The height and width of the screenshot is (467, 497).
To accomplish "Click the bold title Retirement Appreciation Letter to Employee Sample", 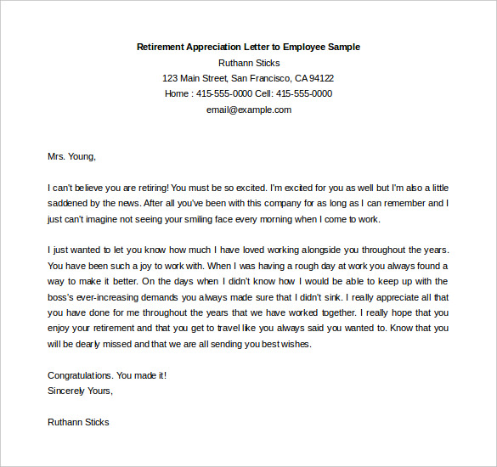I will coord(248,47).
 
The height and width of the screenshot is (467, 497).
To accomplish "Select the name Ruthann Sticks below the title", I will coord(248,63).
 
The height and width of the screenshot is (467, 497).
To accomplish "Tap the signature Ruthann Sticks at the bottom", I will coord(78,422).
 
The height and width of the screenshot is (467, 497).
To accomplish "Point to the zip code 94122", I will coord(321,78).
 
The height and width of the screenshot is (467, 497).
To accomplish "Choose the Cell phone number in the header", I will coord(303,93).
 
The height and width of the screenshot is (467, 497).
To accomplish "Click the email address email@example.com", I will coord(248,110).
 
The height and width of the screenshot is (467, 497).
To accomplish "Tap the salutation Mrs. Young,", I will coord(72,156).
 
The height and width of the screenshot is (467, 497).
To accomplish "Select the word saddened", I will coord(67,203).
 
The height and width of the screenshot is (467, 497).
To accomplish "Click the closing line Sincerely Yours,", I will coord(80,391).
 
